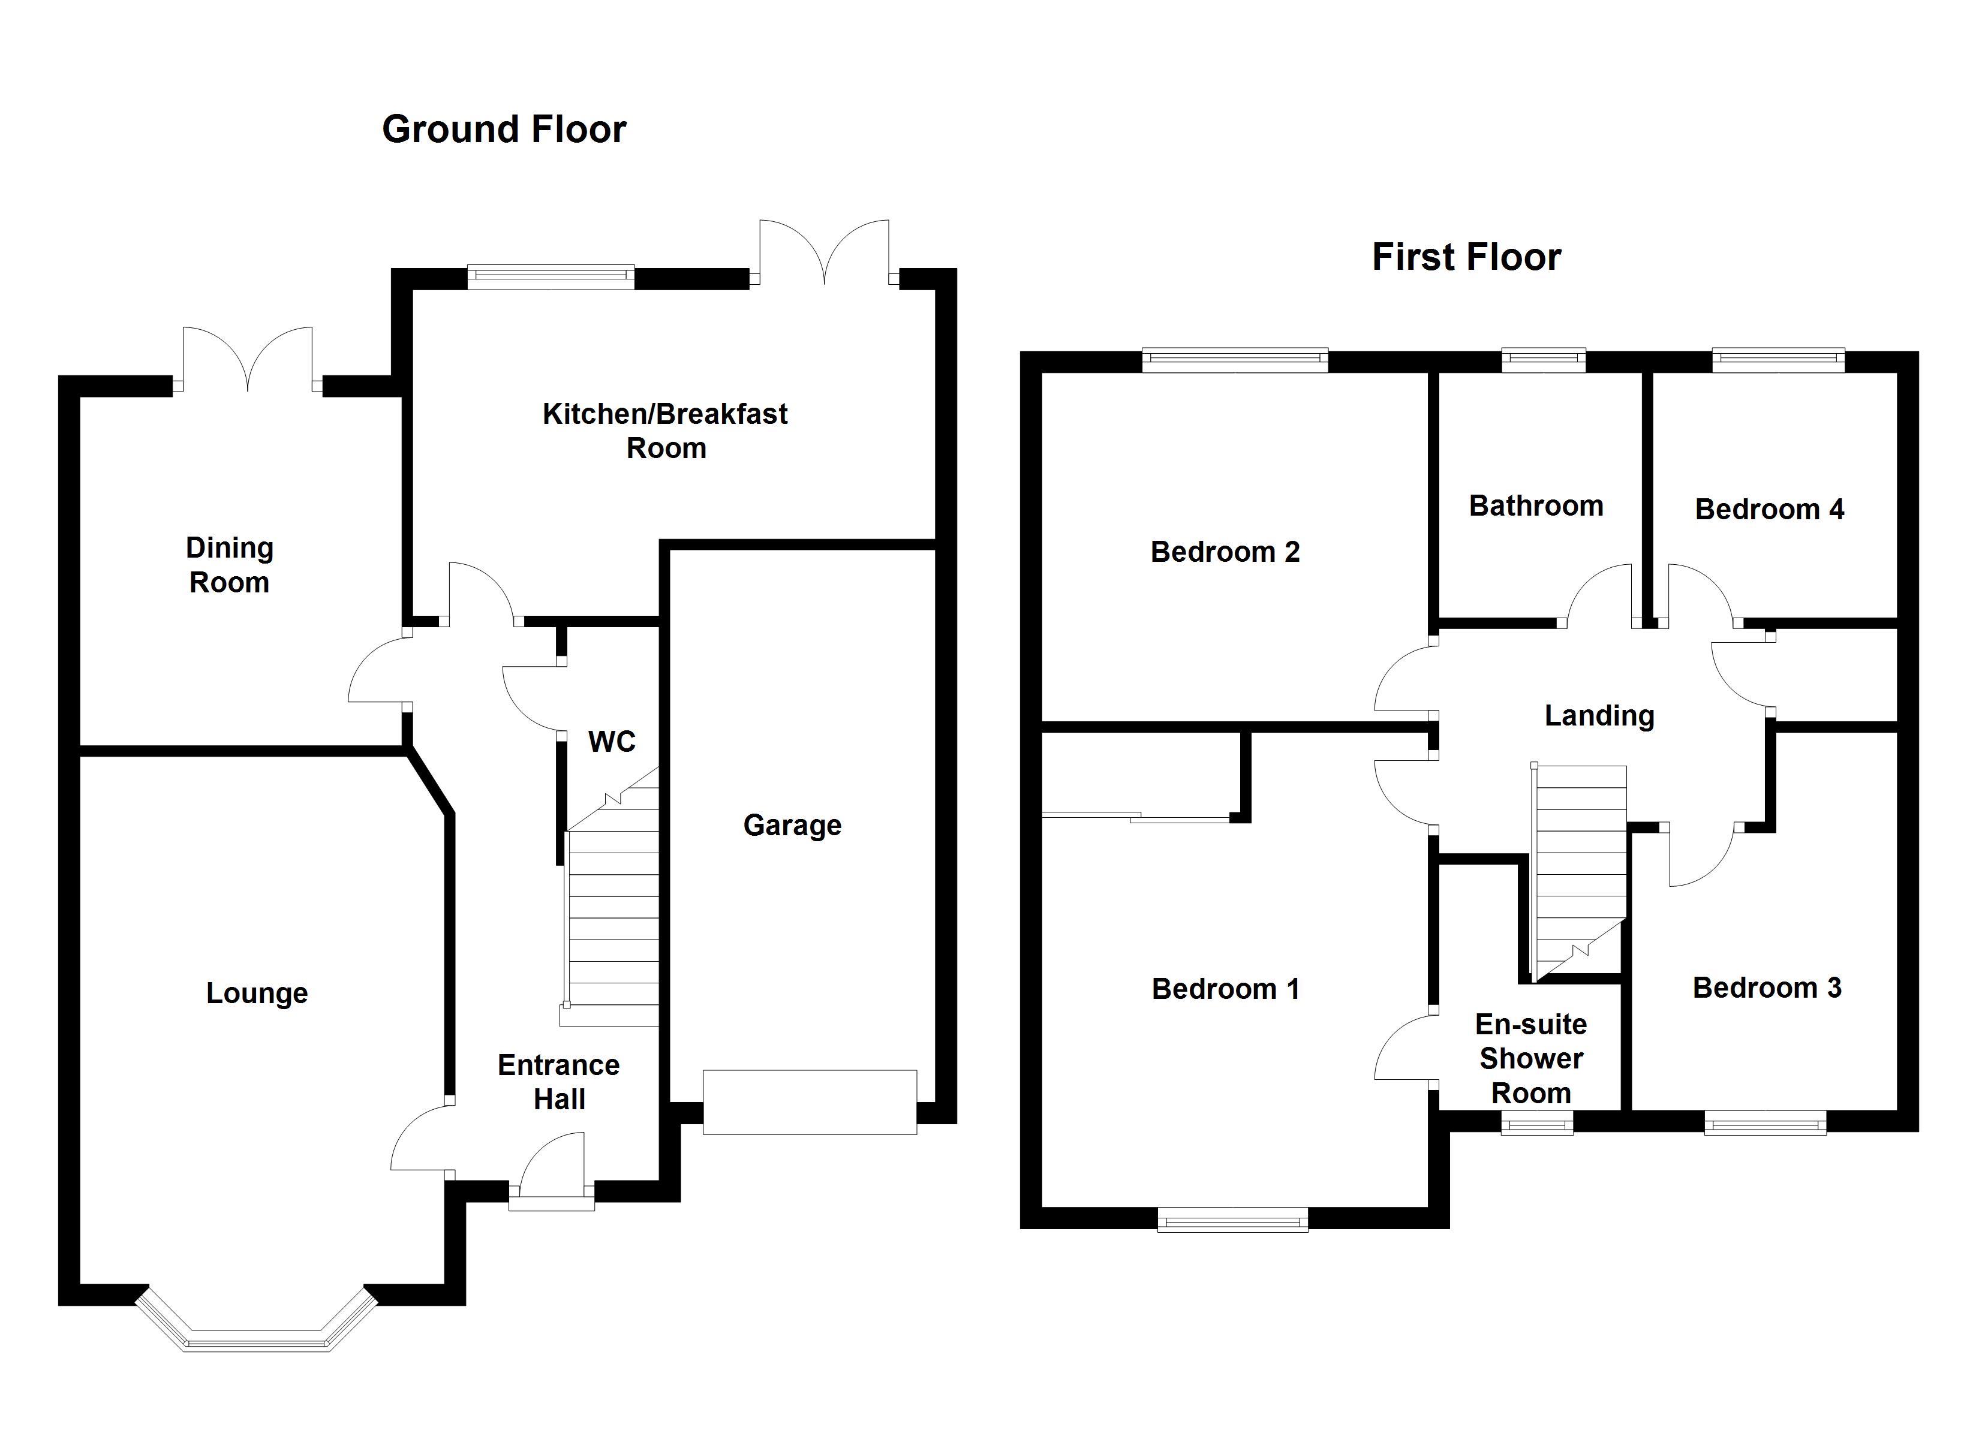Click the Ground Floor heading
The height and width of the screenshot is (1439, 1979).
pyautogui.click(x=504, y=129)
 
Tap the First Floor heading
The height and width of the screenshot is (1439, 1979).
pyautogui.click(x=1467, y=257)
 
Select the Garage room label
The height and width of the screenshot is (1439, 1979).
pyautogui.click(x=792, y=826)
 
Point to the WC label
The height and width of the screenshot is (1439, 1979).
pyautogui.click(x=612, y=742)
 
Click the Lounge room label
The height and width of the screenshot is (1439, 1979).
pyautogui.click(x=257, y=993)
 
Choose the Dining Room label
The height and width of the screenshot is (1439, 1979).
pyautogui.click(x=230, y=565)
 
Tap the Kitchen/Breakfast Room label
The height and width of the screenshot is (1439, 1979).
pyautogui.click(x=665, y=431)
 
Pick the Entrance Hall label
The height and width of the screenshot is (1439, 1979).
pyautogui.click(x=558, y=1082)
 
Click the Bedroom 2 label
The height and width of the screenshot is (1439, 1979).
pyautogui.click(x=1225, y=552)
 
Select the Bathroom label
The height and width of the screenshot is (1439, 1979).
pyautogui.click(x=1536, y=506)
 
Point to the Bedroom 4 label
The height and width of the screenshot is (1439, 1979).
pyautogui.click(x=1770, y=510)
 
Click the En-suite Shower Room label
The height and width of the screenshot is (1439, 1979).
pyautogui.click(x=1532, y=1058)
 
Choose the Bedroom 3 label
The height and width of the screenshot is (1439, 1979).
pyautogui.click(x=1767, y=988)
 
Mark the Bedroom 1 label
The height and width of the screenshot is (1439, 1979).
pyautogui.click(x=1225, y=989)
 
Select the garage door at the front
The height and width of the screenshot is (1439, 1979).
pyautogui.click(x=810, y=1102)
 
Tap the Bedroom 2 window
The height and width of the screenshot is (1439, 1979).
pyautogui.click(x=1235, y=360)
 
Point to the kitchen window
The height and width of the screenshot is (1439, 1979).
pyautogui.click(x=551, y=276)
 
